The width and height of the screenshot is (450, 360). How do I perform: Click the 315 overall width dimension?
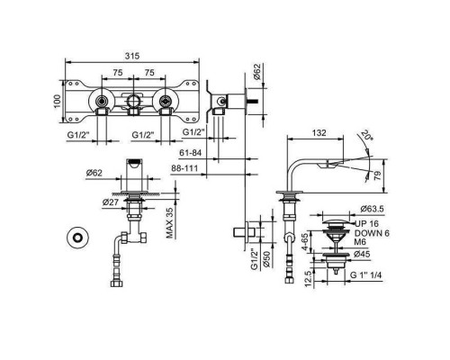132,56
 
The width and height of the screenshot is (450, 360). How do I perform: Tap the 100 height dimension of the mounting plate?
58,102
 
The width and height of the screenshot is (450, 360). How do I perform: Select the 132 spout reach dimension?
319,132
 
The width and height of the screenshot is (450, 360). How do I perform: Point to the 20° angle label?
367,135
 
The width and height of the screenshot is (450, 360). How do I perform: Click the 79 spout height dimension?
378,175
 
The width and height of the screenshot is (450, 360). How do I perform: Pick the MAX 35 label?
170,223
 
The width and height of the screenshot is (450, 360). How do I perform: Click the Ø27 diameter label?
110,202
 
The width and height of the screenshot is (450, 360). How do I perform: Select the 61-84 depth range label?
190,153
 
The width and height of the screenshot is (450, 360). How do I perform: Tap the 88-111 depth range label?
184,168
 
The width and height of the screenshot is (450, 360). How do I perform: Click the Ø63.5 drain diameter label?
373,209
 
